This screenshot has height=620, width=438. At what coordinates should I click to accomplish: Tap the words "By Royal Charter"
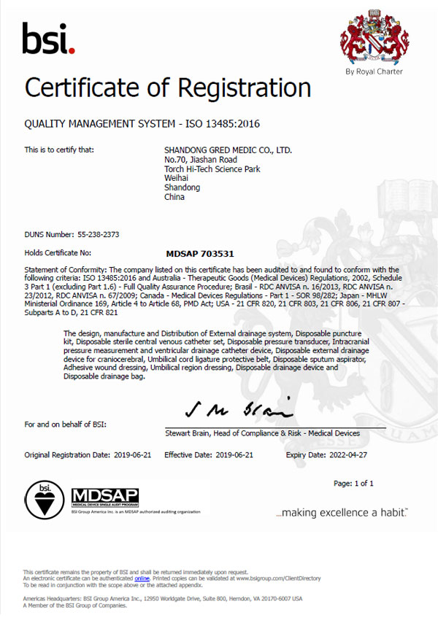tap(374, 71)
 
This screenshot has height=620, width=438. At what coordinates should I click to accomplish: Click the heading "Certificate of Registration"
tap(168, 88)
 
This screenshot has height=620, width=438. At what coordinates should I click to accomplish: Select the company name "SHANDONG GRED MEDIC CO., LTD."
tap(228, 150)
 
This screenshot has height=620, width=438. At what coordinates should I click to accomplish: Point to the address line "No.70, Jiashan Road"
tap(201, 160)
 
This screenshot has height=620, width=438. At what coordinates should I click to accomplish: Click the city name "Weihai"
tap(176, 179)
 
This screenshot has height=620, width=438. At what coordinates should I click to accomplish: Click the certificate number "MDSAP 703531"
tap(200, 254)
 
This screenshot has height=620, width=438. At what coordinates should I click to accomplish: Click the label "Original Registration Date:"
tap(68, 454)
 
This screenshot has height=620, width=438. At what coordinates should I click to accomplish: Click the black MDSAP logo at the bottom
tap(105, 498)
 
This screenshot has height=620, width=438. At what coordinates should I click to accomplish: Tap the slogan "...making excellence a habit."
tap(342, 514)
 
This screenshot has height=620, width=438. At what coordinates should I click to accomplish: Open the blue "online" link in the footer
tap(142, 578)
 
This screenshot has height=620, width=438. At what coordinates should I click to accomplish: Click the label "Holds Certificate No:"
tap(58, 254)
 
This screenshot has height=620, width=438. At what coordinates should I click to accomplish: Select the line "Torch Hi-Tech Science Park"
tap(212, 169)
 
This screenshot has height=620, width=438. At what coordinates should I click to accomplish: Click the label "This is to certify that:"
tap(59, 150)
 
